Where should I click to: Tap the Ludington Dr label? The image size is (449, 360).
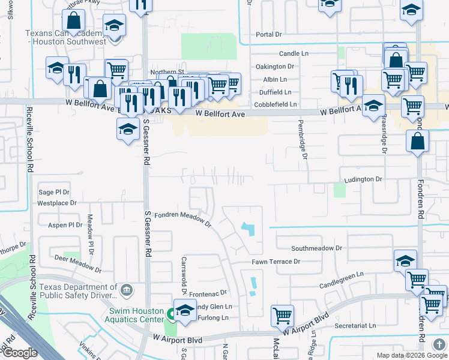tap(363, 179)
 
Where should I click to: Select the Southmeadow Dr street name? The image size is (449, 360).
tap(316, 248)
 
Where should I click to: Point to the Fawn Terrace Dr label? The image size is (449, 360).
tap(276, 262)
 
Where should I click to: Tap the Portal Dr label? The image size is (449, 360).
tap(269, 35)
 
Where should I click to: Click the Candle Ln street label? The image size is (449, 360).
tap(294, 53)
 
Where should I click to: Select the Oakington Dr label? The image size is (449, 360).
tap(275, 67)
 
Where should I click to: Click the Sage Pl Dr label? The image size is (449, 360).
tap(54, 192)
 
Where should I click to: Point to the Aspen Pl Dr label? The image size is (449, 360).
tap(65, 225)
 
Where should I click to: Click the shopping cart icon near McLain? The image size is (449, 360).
tap(282, 314)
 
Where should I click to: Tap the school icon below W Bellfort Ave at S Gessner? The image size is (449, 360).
tap(127, 130)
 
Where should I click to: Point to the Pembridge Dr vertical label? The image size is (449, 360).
tap(304, 139)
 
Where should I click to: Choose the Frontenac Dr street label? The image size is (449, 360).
tap(208, 293)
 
